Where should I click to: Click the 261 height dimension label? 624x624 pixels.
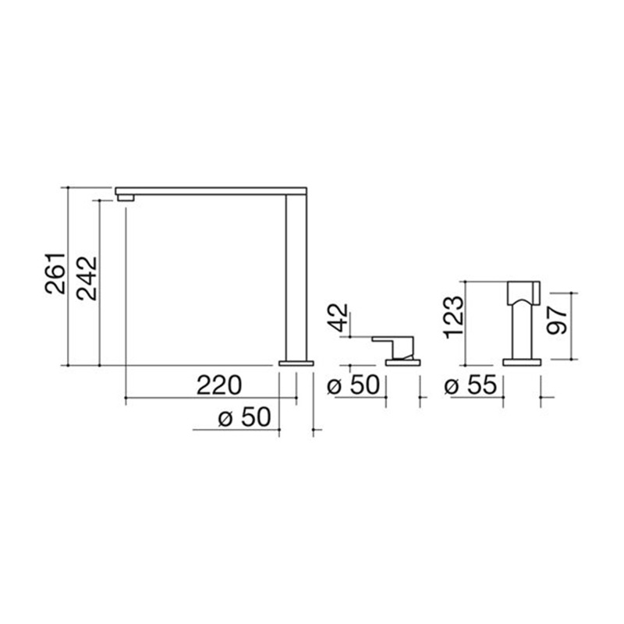coord(55,273)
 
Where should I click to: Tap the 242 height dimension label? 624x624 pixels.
coord(87,278)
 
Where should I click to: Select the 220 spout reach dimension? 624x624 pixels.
coord(219,385)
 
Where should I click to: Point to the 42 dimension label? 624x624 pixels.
coord(339,317)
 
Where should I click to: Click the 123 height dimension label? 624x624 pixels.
coord(455,317)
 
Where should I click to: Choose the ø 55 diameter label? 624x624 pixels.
coord(470,385)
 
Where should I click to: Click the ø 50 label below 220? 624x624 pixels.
coord(244,417)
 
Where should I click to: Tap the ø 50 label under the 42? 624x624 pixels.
coord(353,385)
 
